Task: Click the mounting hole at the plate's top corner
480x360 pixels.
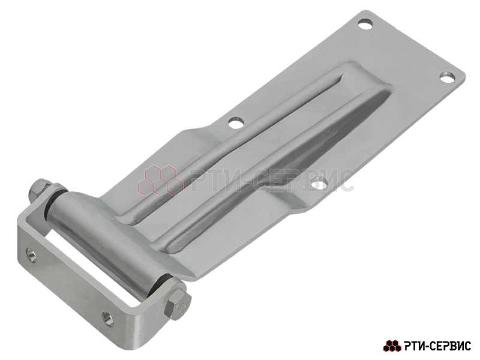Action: pyautogui.click(x=365, y=24)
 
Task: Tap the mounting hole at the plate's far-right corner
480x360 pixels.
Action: pyautogui.click(x=447, y=77)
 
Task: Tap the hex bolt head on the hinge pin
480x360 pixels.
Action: pyautogui.click(x=178, y=305)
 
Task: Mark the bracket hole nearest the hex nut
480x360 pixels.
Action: pyautogui.click(x=31, y=254)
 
